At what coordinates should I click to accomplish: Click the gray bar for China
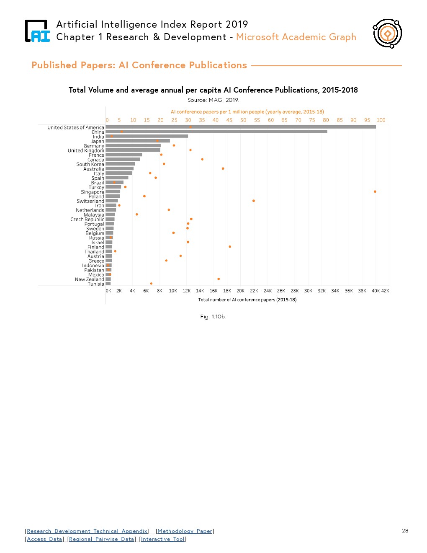[216, 132]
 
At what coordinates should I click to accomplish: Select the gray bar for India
[147, 136]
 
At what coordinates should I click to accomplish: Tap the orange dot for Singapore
[375, 191]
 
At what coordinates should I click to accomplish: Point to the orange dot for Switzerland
[254, 201]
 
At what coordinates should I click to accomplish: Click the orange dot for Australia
[223, 168]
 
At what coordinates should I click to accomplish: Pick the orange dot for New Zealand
[219, 279]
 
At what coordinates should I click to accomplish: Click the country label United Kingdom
[86, 150]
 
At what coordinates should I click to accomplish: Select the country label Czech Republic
[87, 219]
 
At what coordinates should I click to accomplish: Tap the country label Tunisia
[96, 284]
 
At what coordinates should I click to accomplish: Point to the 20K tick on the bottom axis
[240, 291]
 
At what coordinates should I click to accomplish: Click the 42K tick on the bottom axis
[385, 291]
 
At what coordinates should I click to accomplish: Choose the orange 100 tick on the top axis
[381, 120]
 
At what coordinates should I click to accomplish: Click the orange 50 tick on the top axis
[243, 120]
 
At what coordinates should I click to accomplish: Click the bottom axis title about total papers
[247, 300]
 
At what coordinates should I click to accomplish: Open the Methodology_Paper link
[185, 531]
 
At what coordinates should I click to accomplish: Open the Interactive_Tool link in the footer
[163, 539]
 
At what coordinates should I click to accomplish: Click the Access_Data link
[44, 539]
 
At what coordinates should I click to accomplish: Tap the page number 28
[405, 530]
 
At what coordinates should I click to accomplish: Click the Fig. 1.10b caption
[213, 316]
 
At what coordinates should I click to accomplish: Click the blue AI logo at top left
[38, 31]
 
